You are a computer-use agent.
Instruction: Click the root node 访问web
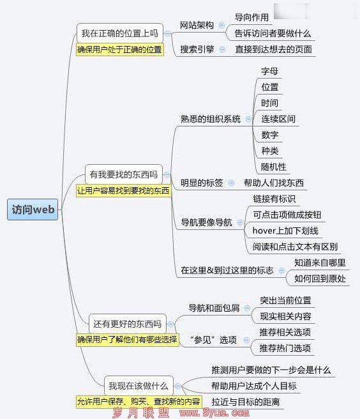33,209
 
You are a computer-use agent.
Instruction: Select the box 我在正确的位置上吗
119,33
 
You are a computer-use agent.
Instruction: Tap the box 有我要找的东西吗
124,174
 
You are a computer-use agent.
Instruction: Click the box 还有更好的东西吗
128,324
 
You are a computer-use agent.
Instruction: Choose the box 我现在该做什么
139,386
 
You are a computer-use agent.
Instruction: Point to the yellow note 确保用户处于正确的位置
119,49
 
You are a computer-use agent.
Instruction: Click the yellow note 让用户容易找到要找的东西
123,191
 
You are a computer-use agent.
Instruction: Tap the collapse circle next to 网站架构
221,25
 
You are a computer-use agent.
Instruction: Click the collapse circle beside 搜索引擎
222,49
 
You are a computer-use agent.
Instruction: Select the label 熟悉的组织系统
211,119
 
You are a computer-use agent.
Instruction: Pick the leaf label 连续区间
278,119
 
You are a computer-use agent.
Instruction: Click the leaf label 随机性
274,167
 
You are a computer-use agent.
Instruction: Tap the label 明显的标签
202,183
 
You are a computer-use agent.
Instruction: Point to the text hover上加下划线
285,231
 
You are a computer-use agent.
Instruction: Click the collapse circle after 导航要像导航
240,222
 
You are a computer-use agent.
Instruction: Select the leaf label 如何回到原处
320,278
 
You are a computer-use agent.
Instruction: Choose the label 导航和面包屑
214,308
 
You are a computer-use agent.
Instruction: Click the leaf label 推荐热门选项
285,348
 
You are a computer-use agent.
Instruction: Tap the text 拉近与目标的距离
246,402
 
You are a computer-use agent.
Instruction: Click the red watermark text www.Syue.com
214,413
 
